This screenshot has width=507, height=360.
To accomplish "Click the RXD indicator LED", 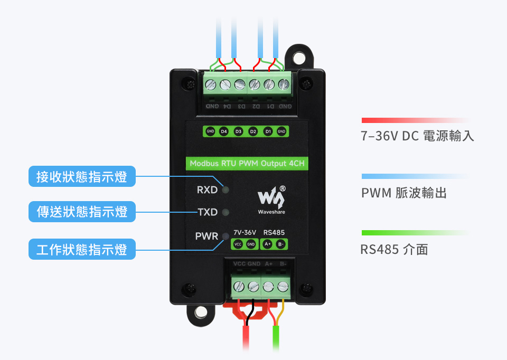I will coord(226,190).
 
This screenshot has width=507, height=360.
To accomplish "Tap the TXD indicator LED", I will coord(226,213).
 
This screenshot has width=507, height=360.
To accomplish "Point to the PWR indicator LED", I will coord(226,236).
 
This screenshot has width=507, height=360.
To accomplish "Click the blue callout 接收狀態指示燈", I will coord(82,177).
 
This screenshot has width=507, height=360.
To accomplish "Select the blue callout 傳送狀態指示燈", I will coord(82,212).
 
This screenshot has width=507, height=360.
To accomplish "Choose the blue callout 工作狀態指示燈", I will coord(82,249).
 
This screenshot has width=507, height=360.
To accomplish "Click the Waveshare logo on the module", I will coord(270,199).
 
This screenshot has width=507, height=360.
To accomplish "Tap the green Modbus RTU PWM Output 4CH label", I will coord(247,164).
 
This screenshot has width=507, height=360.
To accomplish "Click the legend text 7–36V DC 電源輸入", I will coord(417,136).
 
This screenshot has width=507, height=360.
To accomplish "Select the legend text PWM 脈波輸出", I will coord(404,193).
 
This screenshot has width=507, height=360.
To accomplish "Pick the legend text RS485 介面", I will coord(394,249).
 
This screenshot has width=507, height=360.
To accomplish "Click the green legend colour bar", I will coord(415,233).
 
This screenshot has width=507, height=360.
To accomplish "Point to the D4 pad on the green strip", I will coord(223,131).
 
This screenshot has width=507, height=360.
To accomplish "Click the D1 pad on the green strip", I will coord(268,131).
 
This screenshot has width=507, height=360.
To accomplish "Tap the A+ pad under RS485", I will coord(267,244).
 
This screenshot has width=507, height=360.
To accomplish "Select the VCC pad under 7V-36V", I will coord(238,244).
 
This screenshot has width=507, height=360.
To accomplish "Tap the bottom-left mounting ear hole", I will coord(201,314).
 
